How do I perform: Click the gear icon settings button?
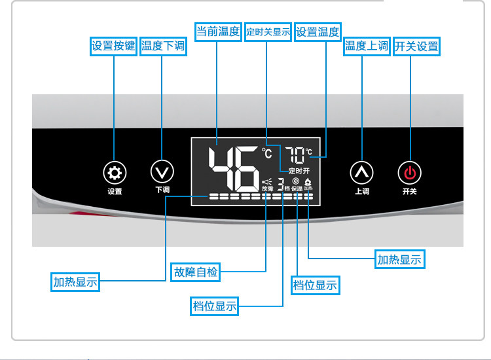(x=115, y=173)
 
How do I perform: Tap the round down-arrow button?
(x=162, y=171)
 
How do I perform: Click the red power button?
(x=410, y=173)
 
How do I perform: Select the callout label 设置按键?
(x=113, y=46)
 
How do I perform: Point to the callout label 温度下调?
(x=163, y=46)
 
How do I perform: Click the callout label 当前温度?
(x=219, y=31)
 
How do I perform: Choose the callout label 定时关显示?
(x=268, y=32)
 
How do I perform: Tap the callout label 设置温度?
(x=318, y=31)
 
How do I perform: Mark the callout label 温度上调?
(x=367, y=46)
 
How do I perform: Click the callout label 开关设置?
(x=416, y=46)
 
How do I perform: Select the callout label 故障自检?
(x=194, y=271)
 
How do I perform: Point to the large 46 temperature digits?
(x=233, y=168)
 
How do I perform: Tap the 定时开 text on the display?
(x=299, y=170)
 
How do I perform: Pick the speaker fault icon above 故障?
(x=266, y=182)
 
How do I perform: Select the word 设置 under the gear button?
(x=115, y=192)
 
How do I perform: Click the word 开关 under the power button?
(x=410, y=192)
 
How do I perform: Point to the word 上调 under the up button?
(x=362, y=192)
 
